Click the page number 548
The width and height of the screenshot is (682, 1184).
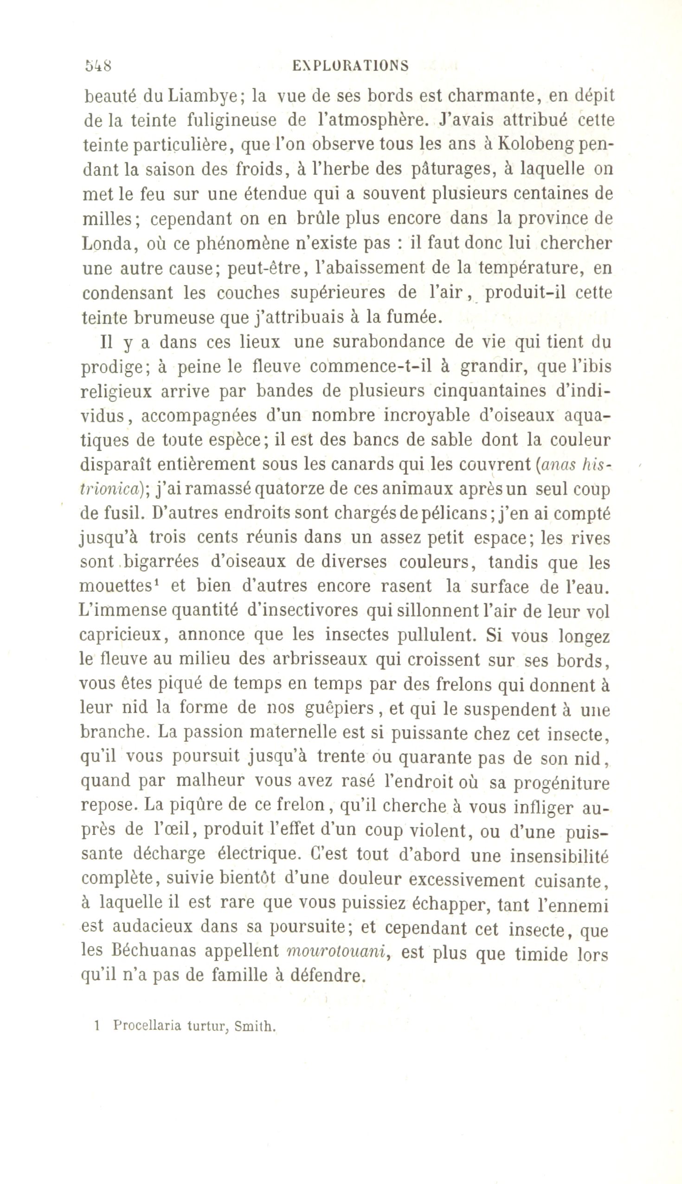(x=98, y=65)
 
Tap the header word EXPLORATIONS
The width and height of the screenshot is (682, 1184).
(x=350, y=65)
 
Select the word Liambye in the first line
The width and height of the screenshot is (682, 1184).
(x=204, y=97)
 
